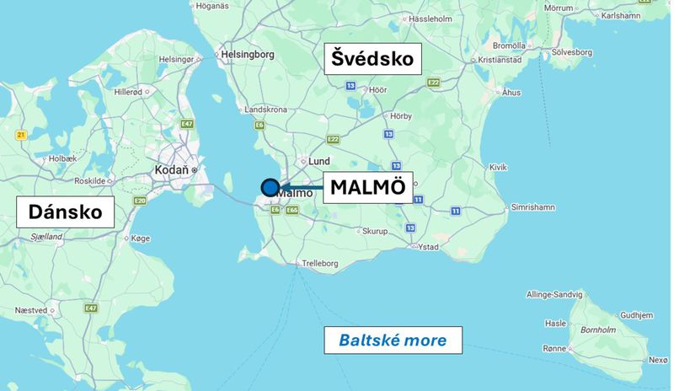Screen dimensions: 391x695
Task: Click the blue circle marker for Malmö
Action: click(x=270, y=188)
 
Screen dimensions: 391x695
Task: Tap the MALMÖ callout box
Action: click(x=368, y=187)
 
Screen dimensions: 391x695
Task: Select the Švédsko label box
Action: click(x=372, y=59)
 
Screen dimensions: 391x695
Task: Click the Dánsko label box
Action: click(x=65, y=211)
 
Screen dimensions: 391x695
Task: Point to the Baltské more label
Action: click(x=393, y=340)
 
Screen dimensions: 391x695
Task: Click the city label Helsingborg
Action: click(x=248, y=54)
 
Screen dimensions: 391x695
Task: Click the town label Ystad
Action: click(x=429, y=247)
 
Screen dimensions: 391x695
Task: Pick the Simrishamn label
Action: click(x=533, y=206)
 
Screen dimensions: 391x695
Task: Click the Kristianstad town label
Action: click(x=500, y=60)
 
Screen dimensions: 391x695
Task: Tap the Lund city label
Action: click(x=319, y=161)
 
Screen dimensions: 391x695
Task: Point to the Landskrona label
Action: click(x=265, y=110)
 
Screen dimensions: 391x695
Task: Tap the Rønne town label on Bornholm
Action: click(x=554, y=348)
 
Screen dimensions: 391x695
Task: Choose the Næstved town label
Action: click(x=30, y=310)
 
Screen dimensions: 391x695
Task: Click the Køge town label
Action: click(x=140, y=238)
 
